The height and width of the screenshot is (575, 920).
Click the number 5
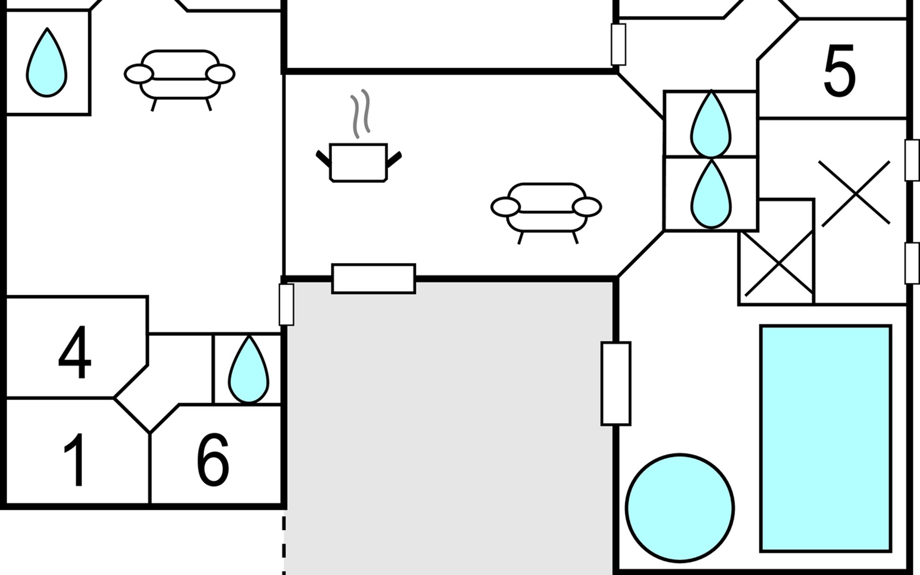point(839,71)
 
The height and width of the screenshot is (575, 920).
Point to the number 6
point(213,460)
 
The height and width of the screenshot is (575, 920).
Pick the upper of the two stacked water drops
point(711,126)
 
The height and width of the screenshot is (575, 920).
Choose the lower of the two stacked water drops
point(711,195)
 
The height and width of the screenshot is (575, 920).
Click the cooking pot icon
point(358,162)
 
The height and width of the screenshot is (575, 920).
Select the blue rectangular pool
point(826,438)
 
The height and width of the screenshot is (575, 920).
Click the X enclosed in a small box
point(779,264)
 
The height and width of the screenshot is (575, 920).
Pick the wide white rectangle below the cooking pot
point(373,278)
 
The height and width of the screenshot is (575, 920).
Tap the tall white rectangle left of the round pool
point(616,383)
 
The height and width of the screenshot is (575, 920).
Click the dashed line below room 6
point(284,544)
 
